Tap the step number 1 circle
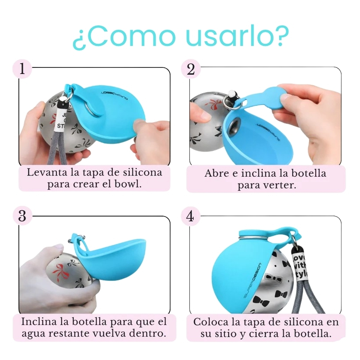[22, 68]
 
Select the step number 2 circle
[191, 69]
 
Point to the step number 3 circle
[22, 216]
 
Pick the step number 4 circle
[190, 216]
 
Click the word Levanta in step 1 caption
[47, 172]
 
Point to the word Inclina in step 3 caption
[39, 321]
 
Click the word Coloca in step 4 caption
[211, 322]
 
